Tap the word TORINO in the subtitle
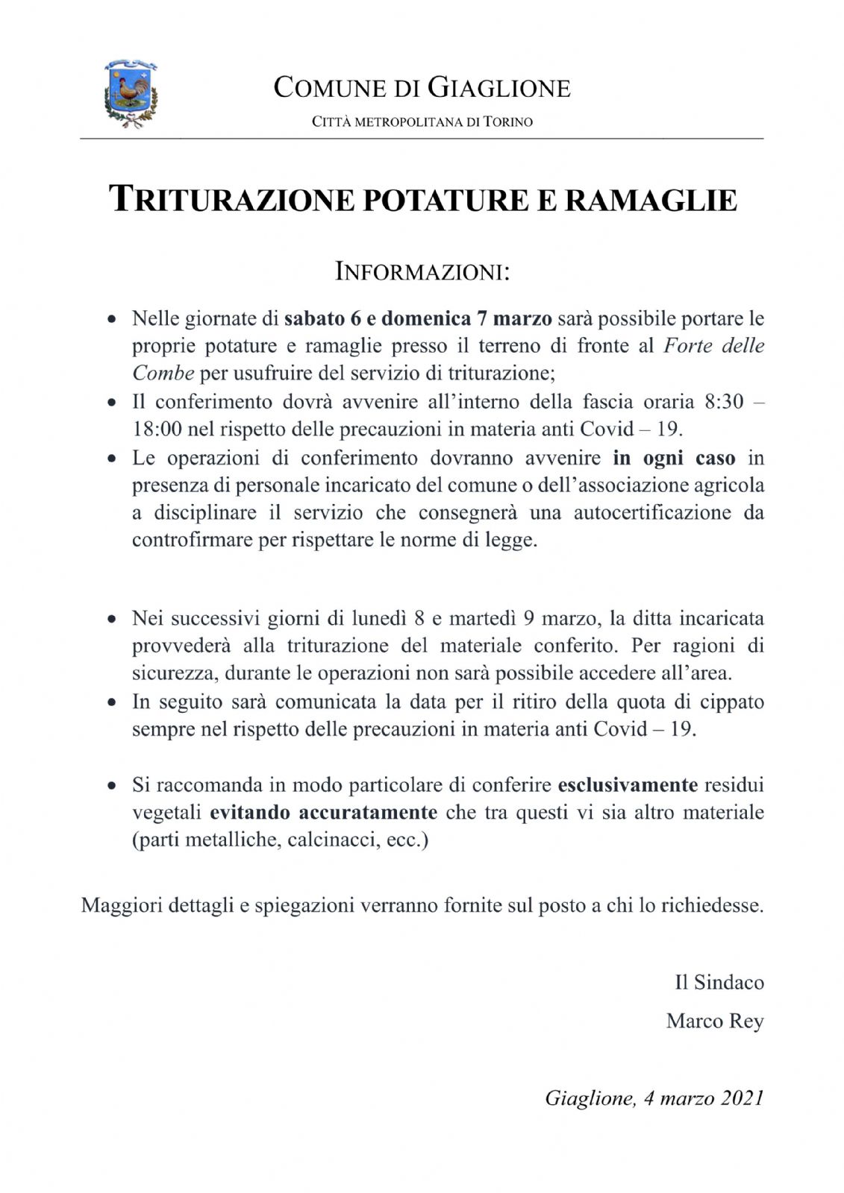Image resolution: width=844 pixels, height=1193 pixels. point(508,122)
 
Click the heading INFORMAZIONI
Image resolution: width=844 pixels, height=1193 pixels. point(422,271)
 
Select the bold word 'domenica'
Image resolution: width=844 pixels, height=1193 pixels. point(426,319)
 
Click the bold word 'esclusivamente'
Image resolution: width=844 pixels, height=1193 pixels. point(628,785)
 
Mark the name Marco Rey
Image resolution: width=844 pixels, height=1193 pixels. point(715,1021)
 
